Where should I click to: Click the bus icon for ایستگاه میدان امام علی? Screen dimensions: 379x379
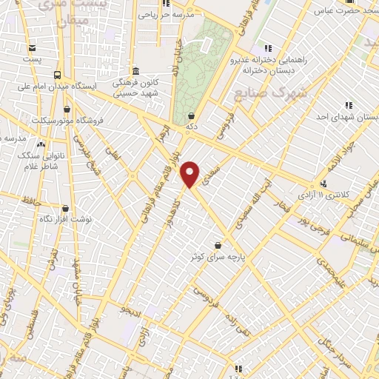(57, 75)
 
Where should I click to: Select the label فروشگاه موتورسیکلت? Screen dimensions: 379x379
(70, 119)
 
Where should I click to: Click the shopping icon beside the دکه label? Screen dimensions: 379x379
(192, 115)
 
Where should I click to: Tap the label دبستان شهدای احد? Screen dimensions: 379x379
(348, 117)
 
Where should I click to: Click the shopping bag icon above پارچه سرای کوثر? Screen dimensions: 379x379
(218, 244)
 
